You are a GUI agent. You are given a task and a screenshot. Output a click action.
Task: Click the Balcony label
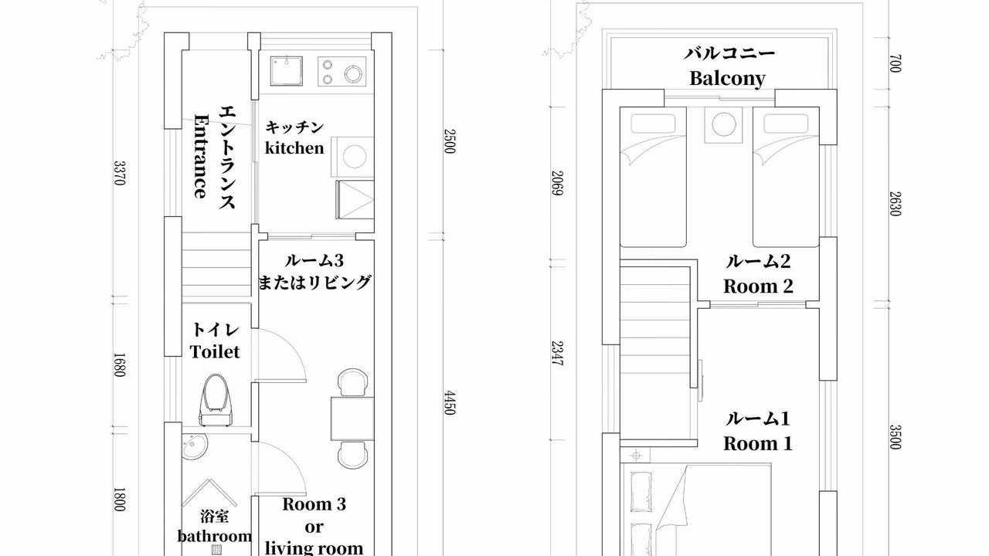click(727, 79)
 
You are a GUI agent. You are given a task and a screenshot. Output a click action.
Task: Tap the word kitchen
click(294, 147)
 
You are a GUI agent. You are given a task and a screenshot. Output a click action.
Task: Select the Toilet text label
click(215, 351)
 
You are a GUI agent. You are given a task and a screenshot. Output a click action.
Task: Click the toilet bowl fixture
click(216, 400)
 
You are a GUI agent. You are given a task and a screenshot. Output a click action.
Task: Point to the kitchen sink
click(287, 70)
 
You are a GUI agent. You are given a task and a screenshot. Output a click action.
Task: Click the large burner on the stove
click(353, 73)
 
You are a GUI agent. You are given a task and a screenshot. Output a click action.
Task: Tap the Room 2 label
click(758, 286)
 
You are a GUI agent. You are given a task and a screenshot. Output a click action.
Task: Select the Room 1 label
click(758, 443)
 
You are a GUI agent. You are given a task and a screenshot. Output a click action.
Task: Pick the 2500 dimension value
click(449, 141)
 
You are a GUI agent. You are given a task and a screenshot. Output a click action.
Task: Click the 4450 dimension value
click(449, 402)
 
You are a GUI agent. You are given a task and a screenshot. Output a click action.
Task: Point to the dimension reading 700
click(896, 63)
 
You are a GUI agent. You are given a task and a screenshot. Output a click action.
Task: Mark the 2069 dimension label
click(558, 183)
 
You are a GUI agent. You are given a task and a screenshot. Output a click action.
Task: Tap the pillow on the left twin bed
click(653, 124)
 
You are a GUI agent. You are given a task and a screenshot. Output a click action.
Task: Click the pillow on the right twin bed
click(786, 124)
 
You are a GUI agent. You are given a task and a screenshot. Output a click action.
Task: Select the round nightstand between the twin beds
click(724, 124)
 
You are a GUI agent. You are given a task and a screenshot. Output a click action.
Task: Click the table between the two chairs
click(352, 419)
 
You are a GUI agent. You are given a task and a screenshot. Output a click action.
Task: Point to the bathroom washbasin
click(195, 446)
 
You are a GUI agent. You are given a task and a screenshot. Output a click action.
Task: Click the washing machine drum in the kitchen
click(355, 156)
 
